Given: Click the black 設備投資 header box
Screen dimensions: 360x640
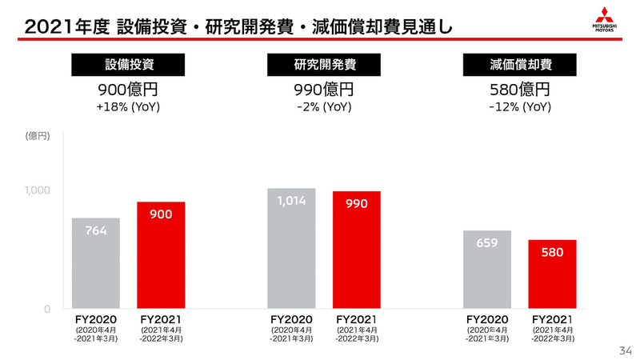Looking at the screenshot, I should pos(128,65).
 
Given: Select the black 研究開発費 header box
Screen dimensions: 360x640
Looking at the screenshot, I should pos(324,65).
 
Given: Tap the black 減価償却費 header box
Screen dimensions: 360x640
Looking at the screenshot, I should pos(520,65).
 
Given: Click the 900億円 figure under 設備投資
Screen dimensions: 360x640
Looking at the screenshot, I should pos(128,89).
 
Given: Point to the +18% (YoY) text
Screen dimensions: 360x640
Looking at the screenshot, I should pos(128,106).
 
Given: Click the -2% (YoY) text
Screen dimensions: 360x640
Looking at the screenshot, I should pos(324,106).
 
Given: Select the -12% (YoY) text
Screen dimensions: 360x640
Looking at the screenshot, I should pos(520,106).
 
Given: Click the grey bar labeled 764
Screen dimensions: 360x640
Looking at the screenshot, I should pos(96,264).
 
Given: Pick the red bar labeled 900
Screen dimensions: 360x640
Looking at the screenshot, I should pos(161,256).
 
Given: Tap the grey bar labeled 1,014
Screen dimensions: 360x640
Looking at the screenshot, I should pos(291,249).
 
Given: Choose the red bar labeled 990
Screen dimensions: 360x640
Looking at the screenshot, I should pos(357,250).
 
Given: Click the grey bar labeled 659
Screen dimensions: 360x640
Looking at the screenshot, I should pos(487,270).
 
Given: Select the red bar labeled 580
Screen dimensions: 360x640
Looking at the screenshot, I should pos(552,275).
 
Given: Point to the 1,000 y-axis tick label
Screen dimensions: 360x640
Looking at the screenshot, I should pos(37,190).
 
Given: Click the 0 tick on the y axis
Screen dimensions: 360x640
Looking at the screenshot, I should pos(46,309).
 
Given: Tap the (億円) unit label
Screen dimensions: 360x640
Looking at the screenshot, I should pos(37,136).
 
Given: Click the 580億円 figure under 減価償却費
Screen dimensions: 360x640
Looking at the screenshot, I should pos(520,89).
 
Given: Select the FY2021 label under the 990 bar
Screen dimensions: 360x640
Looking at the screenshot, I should pos(357,319).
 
